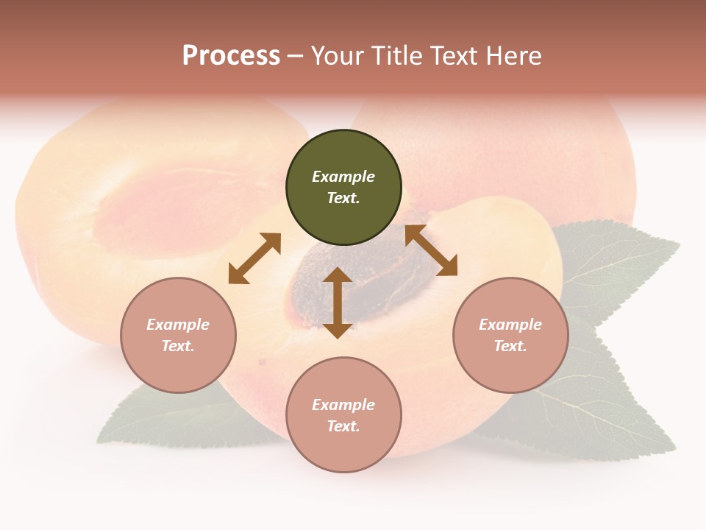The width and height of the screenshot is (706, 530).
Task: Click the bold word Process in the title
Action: [231, 56]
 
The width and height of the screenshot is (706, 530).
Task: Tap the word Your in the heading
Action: [340, 56]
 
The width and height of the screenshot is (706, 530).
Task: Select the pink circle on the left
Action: [178, 368]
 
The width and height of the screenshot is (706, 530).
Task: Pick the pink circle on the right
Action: [510, 368]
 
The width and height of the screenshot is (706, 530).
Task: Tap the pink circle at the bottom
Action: [343, 449]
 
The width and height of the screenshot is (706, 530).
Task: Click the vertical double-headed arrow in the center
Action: [338, 303]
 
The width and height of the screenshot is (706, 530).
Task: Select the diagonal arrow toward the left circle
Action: [254, 258]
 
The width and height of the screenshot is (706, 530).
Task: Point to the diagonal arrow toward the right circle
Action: [431, 250]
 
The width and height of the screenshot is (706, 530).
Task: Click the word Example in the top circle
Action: [343, 177]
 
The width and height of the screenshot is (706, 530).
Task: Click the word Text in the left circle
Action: [178, 346]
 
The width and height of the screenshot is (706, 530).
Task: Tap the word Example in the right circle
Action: [510, 325]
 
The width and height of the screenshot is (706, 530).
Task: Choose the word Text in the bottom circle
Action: [343, 426]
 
